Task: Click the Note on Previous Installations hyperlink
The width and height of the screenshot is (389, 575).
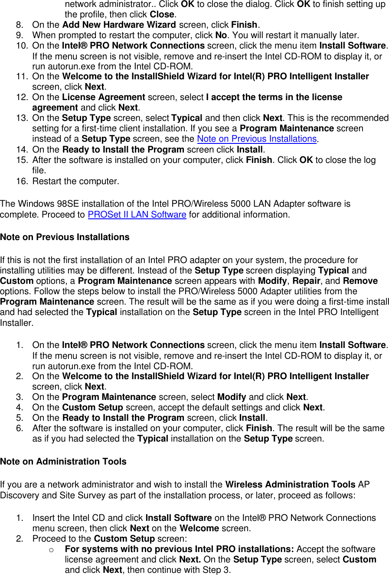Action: click(x=257, y=139)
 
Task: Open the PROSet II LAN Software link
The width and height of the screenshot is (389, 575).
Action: click(x=137, y=215)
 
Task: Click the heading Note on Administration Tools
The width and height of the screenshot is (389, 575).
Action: click(x=63, y=462)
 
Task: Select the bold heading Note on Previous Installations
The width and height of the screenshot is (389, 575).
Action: click(x=65, y=237)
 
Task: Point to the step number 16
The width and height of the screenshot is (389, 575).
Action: click(x=22, y=182)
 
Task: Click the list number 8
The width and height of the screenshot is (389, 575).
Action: click(x=20, y=25)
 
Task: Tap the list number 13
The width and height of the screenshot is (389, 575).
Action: click(x=22, y=118)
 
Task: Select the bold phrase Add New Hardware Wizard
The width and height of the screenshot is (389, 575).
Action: click(x=119, y=25)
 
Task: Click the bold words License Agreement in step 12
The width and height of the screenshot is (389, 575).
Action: click(x=104, y=97)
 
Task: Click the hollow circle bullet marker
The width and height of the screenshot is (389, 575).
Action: click(x=51, y=550)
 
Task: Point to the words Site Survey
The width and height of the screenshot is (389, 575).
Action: click(x=65, y=495)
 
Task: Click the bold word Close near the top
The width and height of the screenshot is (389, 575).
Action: click(x=163, y=14)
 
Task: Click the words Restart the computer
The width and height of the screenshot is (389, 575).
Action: click(x=75, y=182)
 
